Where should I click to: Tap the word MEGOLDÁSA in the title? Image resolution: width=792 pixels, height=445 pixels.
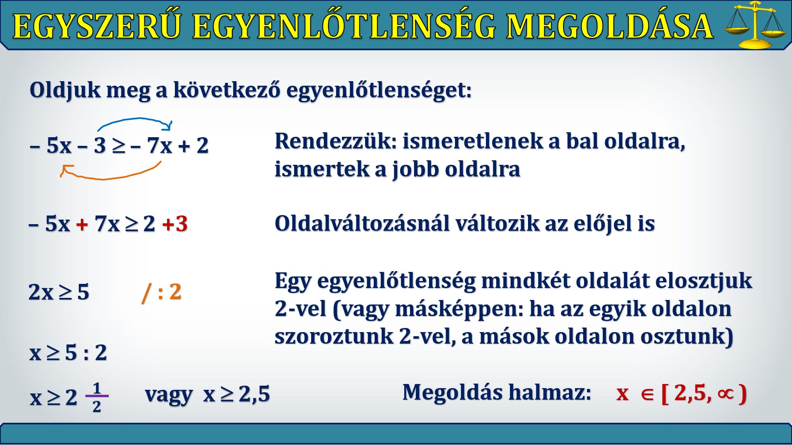point(610,26)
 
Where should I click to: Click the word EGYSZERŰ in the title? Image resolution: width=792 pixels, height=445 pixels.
point(97,26)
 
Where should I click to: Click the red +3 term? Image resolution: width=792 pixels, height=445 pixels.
point(175,224)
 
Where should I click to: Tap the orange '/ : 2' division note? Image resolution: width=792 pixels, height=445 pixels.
point(161,292)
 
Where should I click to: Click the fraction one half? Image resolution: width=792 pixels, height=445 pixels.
point(97,397)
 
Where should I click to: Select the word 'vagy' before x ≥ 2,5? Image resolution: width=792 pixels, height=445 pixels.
point(169,394)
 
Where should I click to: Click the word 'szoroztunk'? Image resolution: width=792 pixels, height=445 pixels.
point(334,336)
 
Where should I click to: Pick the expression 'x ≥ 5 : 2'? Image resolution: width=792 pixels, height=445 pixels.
point(68,353)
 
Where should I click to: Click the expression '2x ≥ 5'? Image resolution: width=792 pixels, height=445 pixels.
point(59,292)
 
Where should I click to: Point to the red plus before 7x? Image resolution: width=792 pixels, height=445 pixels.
point(82,224)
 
